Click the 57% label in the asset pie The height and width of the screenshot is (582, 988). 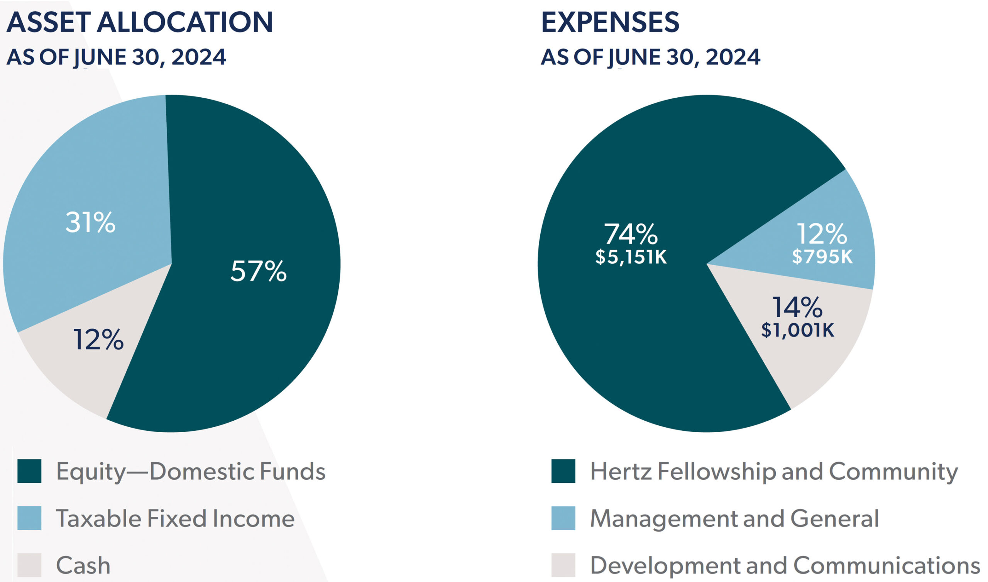tap(258, 271)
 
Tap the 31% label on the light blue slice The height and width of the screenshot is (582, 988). tap(90, 223)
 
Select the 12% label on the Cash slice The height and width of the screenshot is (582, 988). tap(98, 340)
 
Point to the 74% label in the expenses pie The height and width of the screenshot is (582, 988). tap(631, 235)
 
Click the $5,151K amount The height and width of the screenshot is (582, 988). tap(631, 257)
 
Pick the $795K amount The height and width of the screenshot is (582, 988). tap(822, 257)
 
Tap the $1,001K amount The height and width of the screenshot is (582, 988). tap(798, 330)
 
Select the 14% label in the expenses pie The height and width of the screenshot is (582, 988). tap(797, 308)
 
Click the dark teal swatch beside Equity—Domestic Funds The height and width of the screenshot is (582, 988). tap(29, 471)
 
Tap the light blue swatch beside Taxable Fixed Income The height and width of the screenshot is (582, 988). tap(29, 518)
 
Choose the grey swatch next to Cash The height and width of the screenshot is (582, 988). tap(29, 565)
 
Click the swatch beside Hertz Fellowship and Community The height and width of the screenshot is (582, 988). tap(563, 471)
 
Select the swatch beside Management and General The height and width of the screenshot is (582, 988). tap(563, 518)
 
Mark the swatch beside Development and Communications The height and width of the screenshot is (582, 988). tap(563, 565)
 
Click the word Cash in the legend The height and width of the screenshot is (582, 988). tap(83, 565)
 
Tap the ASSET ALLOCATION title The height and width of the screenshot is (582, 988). tap(140, 22)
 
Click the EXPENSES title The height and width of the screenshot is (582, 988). tap(610, 22)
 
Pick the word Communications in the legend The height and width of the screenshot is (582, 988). tap(886, 565)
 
